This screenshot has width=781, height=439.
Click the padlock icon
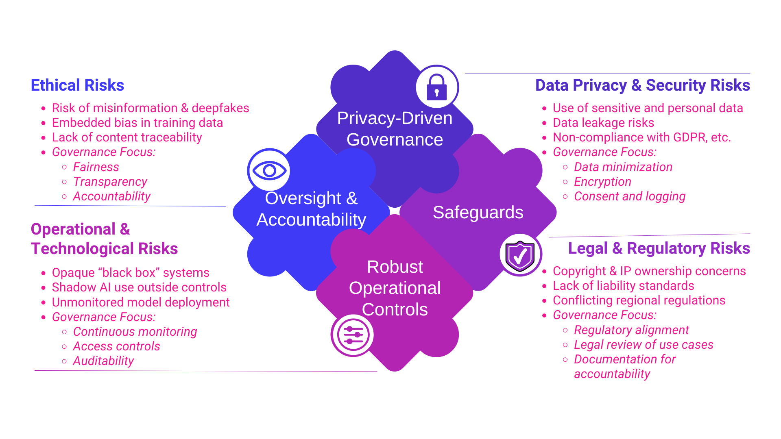(x=437, y=87)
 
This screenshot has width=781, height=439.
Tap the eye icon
(x=269, y=170)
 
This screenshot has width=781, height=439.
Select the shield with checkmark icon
(x=520, y=255)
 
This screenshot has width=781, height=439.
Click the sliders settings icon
(x=353, y=335)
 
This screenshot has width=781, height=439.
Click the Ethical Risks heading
(x=77, y=85)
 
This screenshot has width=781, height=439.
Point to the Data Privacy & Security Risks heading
(x=642, y=85)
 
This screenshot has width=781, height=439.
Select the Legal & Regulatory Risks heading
(x=659, y=248)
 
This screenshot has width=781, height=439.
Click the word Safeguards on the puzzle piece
(x=478, y=212)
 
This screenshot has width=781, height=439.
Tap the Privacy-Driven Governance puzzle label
(x=395, y=129)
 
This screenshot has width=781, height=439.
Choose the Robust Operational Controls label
(x=395, y=288)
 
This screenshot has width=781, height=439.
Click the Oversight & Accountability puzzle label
(x=311, y=209)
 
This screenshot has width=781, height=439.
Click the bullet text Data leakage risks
(x=603, y=123)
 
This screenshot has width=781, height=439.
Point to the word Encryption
(x=602, y=182)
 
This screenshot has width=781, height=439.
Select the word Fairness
(x=96, y=167)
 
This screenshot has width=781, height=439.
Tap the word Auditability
(x=103, y=361)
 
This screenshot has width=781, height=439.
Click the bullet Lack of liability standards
(x=623, y=286)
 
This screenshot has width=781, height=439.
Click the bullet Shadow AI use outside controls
(x=139, y=287)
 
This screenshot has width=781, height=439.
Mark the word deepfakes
(x=220, y=108)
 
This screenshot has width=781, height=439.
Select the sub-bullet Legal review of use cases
(x=644, y=345)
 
